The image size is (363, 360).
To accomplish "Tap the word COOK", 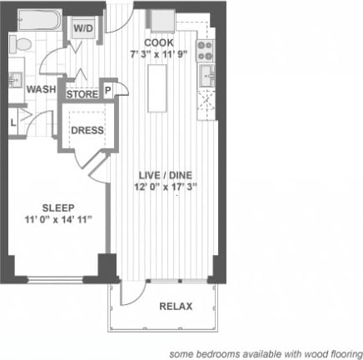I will [x=157, y=42].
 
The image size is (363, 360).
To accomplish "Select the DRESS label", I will [x=87, y=131].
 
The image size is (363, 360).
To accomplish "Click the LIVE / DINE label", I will [x=163, y=174].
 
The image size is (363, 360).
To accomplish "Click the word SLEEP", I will [x=58, y=207].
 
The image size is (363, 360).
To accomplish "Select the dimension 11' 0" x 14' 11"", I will [x=58, y=219].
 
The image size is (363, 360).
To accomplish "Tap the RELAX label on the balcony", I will [x=176, y=306].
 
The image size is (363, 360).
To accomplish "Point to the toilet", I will [x=23, y=43].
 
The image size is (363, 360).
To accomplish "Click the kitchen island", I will [x=157, y=87].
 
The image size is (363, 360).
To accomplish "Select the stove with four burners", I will [x=205, y=47].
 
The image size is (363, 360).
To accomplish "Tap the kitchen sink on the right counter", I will [x=206, y=77].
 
